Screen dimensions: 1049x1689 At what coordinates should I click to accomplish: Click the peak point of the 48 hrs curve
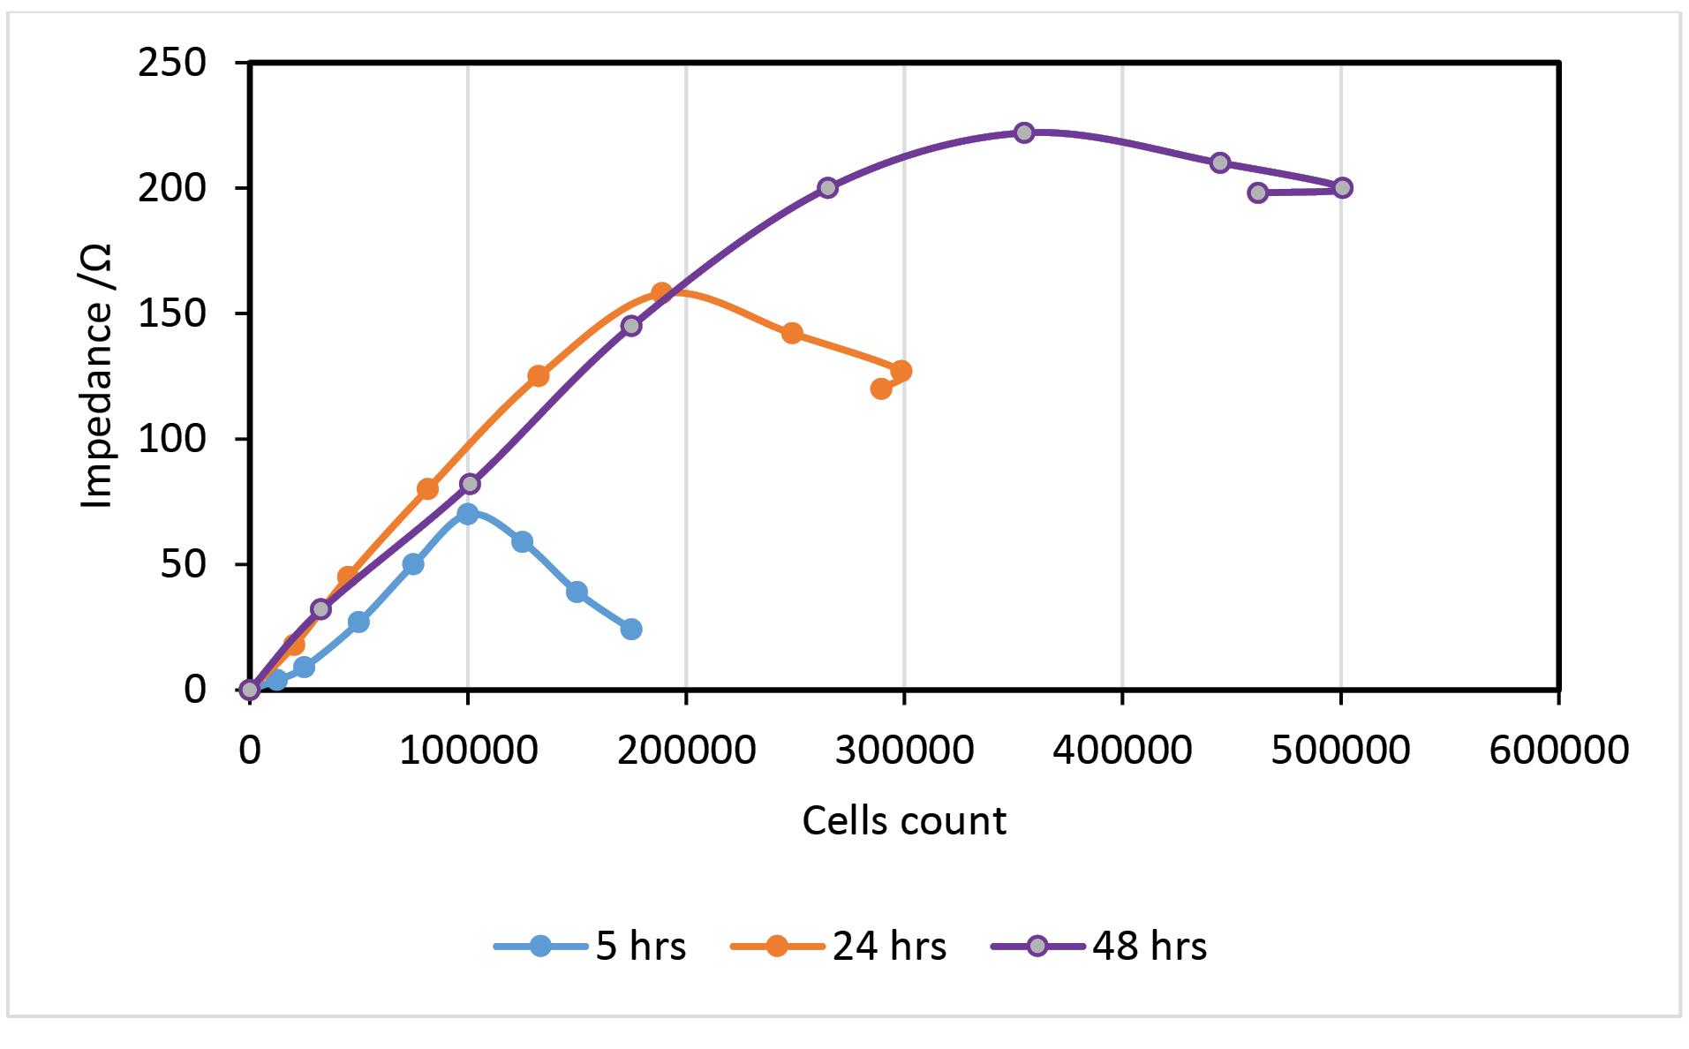pos(1023,132)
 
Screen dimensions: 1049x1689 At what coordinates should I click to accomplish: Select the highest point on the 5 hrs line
pos(468,514)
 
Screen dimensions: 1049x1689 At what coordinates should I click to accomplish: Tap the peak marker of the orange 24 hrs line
pos(661,292)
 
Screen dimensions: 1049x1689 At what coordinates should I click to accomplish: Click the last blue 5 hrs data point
pos(631,630)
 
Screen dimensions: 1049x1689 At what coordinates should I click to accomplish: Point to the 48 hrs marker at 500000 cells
pos(1342,187)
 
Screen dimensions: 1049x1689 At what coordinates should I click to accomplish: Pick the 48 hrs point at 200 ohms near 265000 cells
pos(827,187)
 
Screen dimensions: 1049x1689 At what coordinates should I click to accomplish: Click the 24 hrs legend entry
pos(839,947)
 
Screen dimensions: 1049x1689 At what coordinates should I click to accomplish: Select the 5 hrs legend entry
pos(590,947)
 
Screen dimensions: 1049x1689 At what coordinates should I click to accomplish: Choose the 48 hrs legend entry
pos(1099,947)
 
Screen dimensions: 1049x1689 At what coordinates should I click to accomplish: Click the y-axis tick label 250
pos(172,63)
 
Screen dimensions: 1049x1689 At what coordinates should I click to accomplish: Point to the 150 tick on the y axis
pos(172,313)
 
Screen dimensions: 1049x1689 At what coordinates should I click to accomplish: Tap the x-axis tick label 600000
pos(1558,750)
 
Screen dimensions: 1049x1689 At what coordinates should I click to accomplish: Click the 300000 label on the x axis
pos(904,750)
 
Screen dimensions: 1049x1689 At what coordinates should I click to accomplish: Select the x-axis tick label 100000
pos(468,750)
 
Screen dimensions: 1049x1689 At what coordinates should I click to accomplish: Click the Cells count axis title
pos(903,820)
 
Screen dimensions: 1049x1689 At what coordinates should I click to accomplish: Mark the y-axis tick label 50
pos(183,564)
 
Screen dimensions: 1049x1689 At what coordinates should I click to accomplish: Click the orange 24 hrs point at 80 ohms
pos(427,488)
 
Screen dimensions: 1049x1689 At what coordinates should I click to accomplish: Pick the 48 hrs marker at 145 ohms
pos(631,326)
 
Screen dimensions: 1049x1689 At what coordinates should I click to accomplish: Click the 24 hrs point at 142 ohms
pos(792,333)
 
